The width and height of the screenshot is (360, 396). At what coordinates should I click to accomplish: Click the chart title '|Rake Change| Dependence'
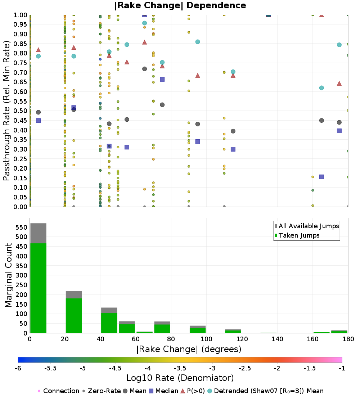tap(180, 5)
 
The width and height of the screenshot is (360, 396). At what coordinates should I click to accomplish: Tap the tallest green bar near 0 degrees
tap(38, 288)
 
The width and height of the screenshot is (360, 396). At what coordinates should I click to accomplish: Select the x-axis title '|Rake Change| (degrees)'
tap(189, 349)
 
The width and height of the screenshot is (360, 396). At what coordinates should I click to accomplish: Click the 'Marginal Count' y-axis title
tap(8, 275)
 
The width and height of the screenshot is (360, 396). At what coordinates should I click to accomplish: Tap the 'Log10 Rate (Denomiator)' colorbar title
tap(180, 378)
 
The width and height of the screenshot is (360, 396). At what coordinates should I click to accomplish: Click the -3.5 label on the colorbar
tap(180, 368)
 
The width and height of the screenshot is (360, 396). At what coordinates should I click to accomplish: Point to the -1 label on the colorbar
tap(342, 368)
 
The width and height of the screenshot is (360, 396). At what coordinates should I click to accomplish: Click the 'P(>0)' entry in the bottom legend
tap(193, 391)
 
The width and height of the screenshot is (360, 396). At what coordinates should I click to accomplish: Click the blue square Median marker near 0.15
tap(321, 177)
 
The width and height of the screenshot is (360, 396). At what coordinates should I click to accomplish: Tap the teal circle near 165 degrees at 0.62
tap(321, 88)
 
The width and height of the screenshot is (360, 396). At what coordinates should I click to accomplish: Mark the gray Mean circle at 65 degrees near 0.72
tap(144, 69)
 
